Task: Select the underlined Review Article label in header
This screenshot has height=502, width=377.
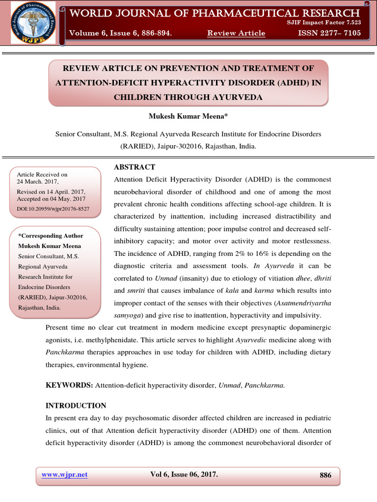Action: pyautogui.click(x=236, y=33)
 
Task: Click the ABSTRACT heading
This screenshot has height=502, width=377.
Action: pyautogui.click(x=135, y=167)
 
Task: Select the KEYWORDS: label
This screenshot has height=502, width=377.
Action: pyautogui.click(x=69, y=385)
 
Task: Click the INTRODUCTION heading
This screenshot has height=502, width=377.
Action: pyautogui.click(x=76, y=406)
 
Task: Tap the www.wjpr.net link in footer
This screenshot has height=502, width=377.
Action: pyautogui.click(x=65, y=475)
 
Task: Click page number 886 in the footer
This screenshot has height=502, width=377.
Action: pyautogui.click(x=325, y=475)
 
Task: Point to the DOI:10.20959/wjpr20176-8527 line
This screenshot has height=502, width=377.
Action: pyautogui.click(x=53, y=209)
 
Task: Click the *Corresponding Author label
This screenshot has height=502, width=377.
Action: pyautogui.click(x=51, y=236)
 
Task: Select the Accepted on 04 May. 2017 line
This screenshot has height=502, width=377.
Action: pyautogui.click(x=51, y=199)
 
